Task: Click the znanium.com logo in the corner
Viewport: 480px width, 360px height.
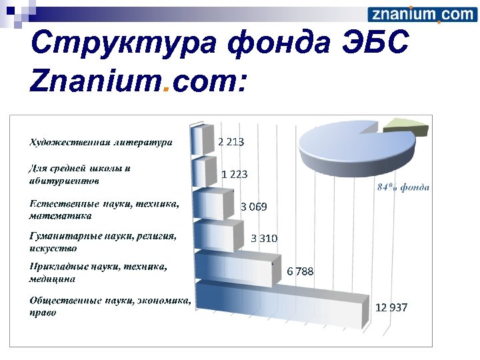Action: (x=421, y=15)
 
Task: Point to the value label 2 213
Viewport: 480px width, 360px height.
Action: (x=231, y=142)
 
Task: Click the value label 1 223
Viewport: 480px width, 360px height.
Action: (x=235, y=174)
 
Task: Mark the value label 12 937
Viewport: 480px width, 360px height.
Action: (x=391, y=308)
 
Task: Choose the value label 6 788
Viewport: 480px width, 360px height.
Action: (x=300, y=271)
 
